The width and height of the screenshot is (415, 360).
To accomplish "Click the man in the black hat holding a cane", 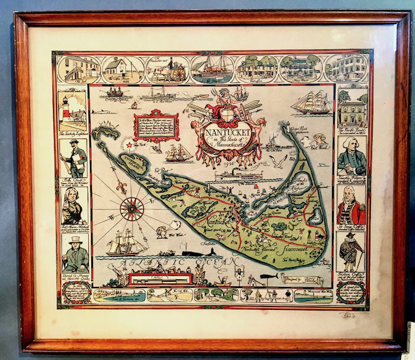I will coord(352,253).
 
